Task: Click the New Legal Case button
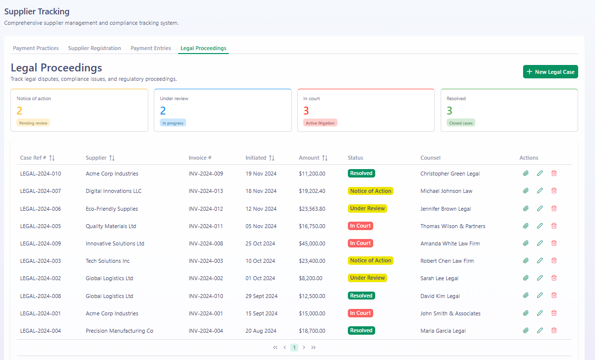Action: pyautogui.click(x=550, y=72)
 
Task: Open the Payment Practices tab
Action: pyautogui.click(x=36, y=48)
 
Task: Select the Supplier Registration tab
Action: pyautogui.click(x=94, y=48)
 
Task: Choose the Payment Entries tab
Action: pyautogui.click(x=151, y=48)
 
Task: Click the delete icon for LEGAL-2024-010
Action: pyautogui.click(x=554, y=174)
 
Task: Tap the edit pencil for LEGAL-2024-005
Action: pyautogui.click(x=539, y=226)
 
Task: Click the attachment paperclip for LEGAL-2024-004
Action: pyautogui.click(x=526, y=330)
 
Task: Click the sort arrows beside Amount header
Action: pyautogui.click(x=325, y=158)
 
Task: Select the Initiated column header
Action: pyautogui.click(x=256, y=158)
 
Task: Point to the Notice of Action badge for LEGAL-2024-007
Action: pyautogui.click(x=370, y=191)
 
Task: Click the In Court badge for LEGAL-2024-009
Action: pyautogui.click(x=360, y=243)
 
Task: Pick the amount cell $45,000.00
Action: pyautogui.click(x=312, y=243)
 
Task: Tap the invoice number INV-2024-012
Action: pyautogui.click(x=205, y=209)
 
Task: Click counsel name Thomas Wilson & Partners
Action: pyautogui.click(x=453, y=226)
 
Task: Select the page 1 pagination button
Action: pyautogui.click(x=294, y=348)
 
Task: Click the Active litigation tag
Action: pyautogui.click(x=320, y=123)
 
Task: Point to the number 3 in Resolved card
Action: pyautogui.click(x=449, y=111)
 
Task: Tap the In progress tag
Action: pyautogui.click(x=173, y=123)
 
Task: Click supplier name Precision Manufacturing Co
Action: pyautogui.click(x=120, y=331)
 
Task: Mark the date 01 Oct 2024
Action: pyautogui.click(x=261, y=278)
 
